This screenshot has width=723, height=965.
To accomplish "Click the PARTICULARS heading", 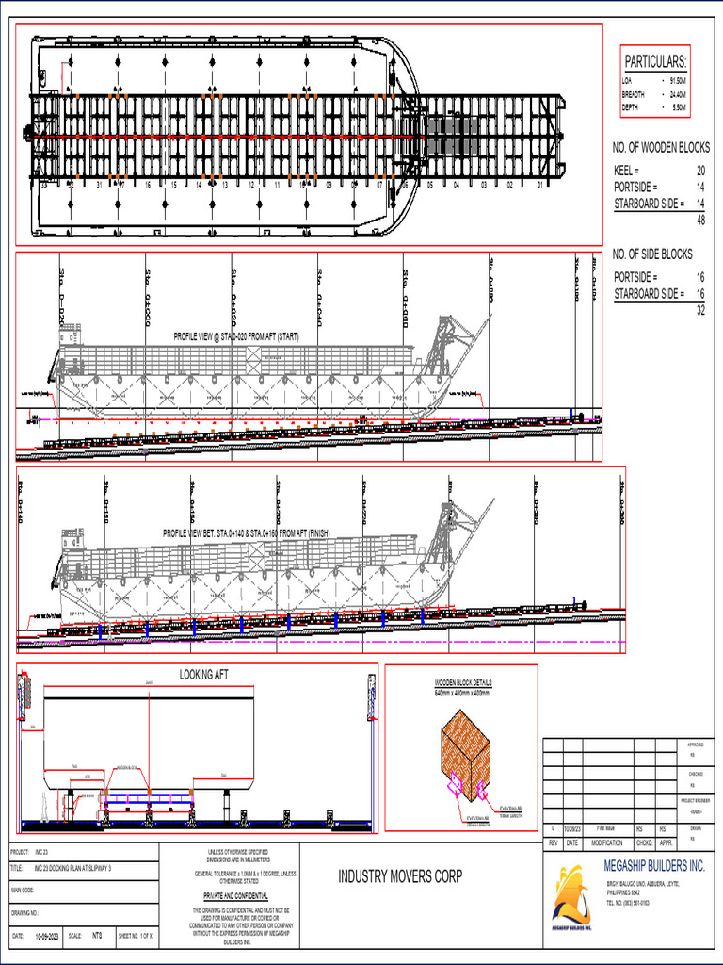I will click(655, 61).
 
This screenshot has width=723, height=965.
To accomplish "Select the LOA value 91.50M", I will click(678, 81).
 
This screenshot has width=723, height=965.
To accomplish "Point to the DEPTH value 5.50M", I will click(678, 107).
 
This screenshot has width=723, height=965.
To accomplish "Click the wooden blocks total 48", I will click(700, 220).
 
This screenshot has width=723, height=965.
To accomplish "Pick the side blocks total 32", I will click(700, 310).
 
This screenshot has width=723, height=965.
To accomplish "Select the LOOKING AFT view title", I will click(204, 676).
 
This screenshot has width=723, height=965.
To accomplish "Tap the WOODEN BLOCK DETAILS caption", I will click(463, 683).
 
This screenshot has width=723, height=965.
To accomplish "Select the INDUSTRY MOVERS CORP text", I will click(400, 876).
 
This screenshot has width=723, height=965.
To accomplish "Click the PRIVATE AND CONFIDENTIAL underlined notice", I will click(236, 895).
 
